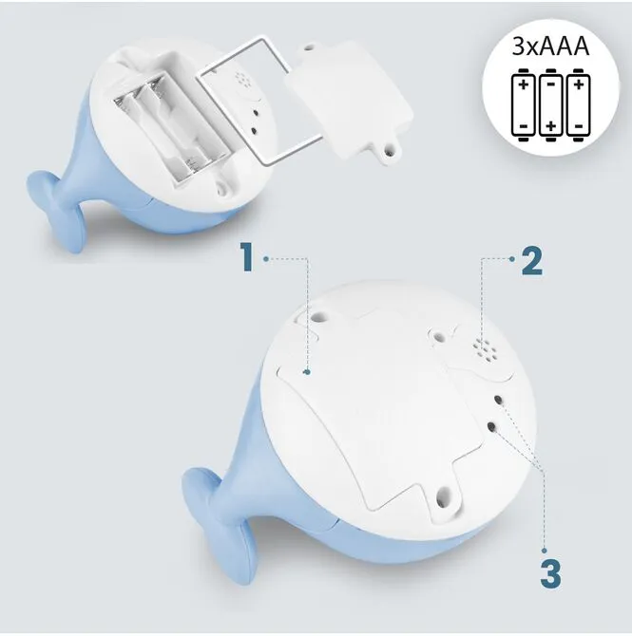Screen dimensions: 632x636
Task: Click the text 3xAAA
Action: pos(550,47)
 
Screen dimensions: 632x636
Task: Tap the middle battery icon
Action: pos(551,105)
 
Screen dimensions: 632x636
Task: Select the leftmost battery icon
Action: pos(524,105)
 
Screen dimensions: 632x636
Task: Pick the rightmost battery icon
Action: pos(579,105)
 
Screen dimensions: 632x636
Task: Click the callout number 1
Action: pos(246,256)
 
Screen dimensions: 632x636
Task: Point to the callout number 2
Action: pos(531,261)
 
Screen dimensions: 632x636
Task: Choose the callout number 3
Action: pos(551,573)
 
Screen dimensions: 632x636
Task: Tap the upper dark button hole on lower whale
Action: pos(498,400)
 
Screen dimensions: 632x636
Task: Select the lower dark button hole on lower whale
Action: pos(491,427)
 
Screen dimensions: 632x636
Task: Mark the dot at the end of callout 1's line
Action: pos(308,372)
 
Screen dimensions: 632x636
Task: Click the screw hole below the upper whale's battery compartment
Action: pos(222,188)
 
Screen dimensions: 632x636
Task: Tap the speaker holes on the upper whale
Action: pos(243,80)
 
